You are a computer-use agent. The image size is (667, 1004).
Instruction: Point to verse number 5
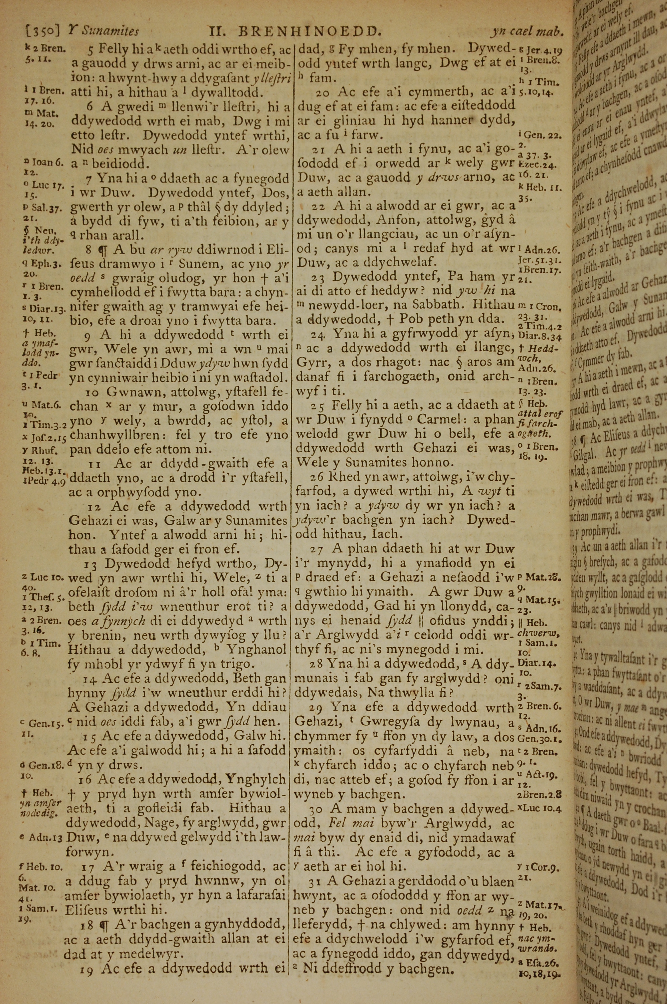coord(91,50)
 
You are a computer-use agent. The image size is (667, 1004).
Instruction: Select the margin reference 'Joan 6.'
coord(46,162)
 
